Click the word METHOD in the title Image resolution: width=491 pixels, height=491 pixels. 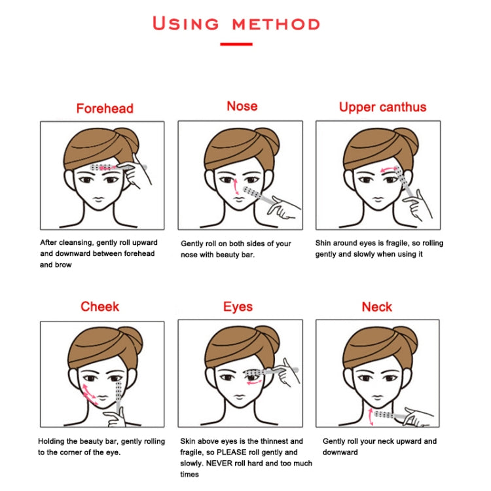(x=276, y=24)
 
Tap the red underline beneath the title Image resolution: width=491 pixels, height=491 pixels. (x=236, y=44)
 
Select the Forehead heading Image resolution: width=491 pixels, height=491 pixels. (x=105, y=109)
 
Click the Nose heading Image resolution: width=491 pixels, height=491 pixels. (x=242, y=106)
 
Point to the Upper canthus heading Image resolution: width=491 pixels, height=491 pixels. (x=383, y=107)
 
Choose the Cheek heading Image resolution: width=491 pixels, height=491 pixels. (x=100, y=306)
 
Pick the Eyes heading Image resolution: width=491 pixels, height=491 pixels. (x=238, y=307)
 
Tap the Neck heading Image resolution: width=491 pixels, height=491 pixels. (x=377, y=307)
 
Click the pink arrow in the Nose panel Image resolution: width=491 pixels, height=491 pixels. (x=236, y=187)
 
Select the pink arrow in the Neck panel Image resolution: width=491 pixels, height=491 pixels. (x=371, y=417)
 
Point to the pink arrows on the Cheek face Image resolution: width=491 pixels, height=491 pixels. (x=89, y=395)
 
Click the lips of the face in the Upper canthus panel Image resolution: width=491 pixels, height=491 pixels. (x=378, y=199)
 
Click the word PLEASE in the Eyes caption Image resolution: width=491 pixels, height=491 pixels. (x=231, y=452)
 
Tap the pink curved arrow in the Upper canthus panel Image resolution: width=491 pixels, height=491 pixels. (x=389, y=170)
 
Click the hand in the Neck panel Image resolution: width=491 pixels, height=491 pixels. (x=418, y=416)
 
